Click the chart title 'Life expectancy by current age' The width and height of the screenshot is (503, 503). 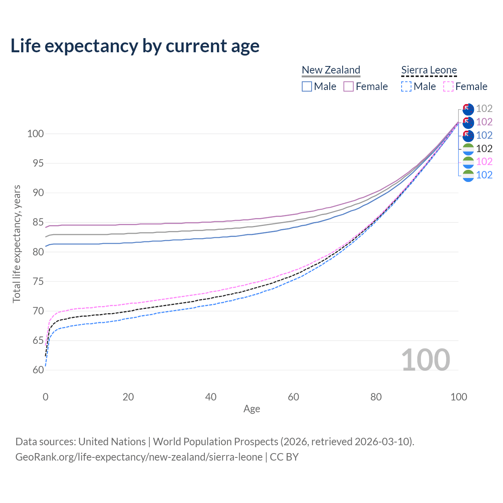pos(135,46)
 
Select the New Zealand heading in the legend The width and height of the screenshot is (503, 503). pos(331,70)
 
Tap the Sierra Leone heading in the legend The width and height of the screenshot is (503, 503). pos(429,70)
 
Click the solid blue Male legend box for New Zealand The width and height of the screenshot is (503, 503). pos(307,86)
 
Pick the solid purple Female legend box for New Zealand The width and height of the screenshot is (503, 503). pos(349,86)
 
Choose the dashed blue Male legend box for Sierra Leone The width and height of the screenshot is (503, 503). pos(406,86)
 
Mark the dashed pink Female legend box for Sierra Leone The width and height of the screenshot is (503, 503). pos(448,86)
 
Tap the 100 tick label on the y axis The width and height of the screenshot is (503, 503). pos(35,134)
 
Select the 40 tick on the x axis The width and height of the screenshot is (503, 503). pos(211,397)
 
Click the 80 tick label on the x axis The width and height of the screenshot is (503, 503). pos(376,397)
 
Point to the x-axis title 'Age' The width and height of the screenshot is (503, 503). pos(251,409)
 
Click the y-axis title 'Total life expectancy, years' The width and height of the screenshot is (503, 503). pos(17,244)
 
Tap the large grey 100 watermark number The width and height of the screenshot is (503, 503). pos(426,360)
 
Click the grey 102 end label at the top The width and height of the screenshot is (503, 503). pos(484,109)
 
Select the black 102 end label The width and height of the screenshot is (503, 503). pos(484,149)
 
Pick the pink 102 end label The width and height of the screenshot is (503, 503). pos(484,162)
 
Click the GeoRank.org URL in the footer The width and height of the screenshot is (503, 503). pos(139,457)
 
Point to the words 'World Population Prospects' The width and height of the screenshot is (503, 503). pos(215,442)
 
